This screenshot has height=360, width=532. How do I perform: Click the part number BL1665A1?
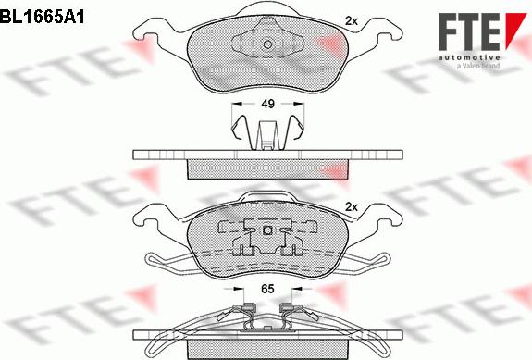click(x=42, y=17)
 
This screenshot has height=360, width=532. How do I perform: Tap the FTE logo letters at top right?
click(x=469, y=31)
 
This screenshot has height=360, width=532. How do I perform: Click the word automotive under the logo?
click(x=469, y=57)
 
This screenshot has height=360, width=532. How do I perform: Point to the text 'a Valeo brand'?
click(x=478, y=66)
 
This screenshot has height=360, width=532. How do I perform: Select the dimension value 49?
click(x=267, y=104)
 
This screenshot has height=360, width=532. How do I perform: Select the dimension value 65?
click(x=267, y=289)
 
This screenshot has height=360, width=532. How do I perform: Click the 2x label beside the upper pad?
click(x=352, y=21)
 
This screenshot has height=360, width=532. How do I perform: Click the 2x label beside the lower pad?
click(x=352, y=207)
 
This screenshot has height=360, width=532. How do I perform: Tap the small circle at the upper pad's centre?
click(x=267, y=44)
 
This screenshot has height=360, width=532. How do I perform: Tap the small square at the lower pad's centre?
click(x=267, y=230)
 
